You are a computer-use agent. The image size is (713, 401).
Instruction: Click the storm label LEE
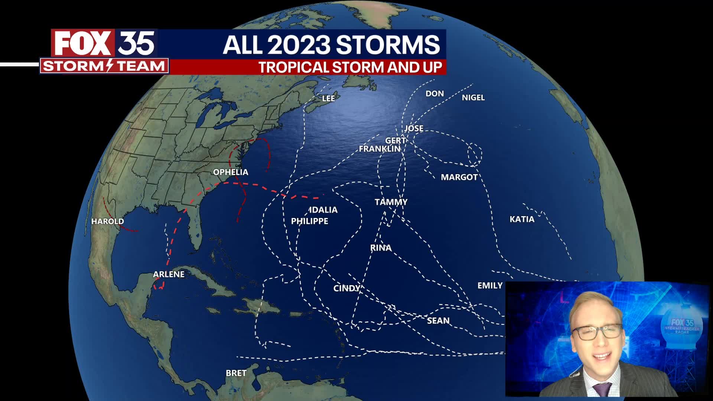tap(328, 98)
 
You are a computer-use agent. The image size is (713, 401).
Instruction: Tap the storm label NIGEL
tap(473, 98)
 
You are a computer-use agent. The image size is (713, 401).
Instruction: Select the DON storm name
tap(434, 94)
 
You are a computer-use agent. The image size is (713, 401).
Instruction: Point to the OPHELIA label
tap(230, 172)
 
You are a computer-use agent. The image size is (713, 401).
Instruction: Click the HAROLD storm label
tap(108, 221)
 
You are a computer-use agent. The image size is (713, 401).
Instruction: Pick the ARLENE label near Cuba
tap(169, 274)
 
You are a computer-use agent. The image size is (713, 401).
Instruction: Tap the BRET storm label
tap(236, 373)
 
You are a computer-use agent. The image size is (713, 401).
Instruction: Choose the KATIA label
tap(522, 219)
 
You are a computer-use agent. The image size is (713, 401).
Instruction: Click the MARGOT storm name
tap(459, 177)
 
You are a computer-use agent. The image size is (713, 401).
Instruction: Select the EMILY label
tap(490, 286)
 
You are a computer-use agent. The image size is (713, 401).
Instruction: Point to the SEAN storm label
tap(438, 321)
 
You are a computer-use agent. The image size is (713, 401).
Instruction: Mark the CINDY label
tap(347, 288)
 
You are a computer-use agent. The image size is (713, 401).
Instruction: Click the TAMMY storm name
tap(391, 202)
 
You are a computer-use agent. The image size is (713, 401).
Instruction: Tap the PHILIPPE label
tap(309, 221)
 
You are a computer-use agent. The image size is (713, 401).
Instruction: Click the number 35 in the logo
tap(136, 43)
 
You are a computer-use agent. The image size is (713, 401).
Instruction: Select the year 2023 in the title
tap(299, 45)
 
